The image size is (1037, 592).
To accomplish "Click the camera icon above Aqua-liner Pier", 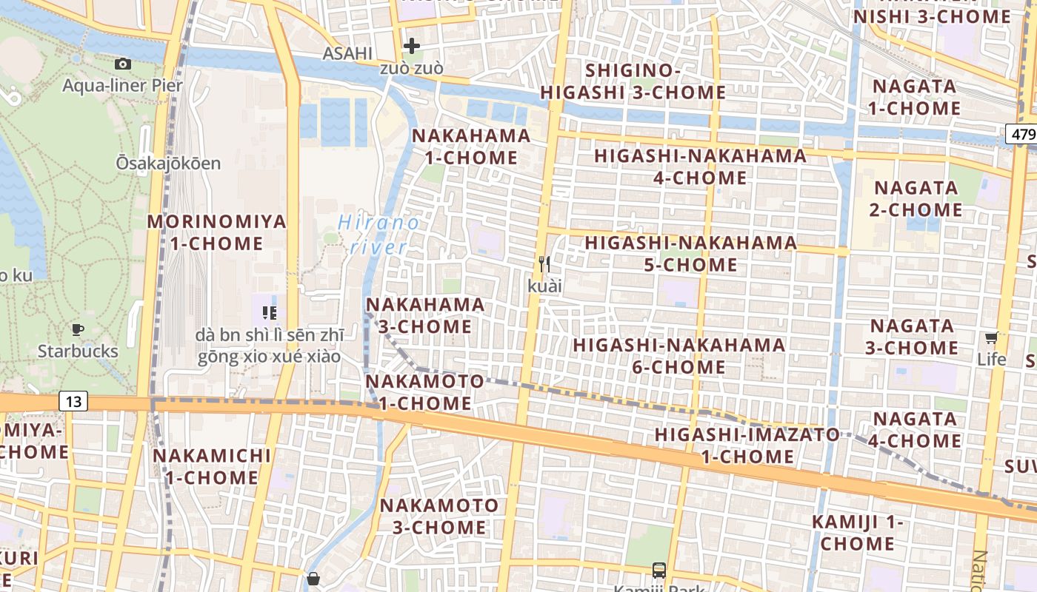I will [x=123, y=64].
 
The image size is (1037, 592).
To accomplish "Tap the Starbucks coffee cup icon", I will [x=77, y=330].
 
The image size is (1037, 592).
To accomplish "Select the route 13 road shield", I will [x=73, y=401].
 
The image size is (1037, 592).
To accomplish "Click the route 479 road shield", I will [x=1021, y=134].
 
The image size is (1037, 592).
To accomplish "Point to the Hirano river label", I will [x=378, y=234].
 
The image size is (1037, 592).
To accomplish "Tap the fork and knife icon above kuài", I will [x=544, y=263].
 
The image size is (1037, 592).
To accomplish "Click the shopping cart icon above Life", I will [x=991, y=338].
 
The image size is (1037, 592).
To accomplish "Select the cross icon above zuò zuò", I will [x=411, y=46].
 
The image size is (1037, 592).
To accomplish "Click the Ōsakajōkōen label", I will [x=168, y=163].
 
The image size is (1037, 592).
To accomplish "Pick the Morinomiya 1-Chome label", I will [x=216, y=232].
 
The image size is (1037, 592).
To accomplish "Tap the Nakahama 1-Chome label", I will [x=471, y=147].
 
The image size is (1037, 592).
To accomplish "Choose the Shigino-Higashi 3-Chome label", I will [x=633, y=81].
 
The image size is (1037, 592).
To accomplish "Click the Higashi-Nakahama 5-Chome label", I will [x=690, y=254].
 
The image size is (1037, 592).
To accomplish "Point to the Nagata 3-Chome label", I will [x=912, y=337].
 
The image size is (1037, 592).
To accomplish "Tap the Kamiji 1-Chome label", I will [x=857, y=532].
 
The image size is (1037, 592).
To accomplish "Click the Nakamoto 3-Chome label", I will [x=439, y=517].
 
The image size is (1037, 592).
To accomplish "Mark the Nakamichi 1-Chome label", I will [x=212, y=466].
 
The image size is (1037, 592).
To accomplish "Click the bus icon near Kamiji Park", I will [x=658, y=570].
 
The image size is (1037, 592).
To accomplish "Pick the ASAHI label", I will [x=347, y=53].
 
